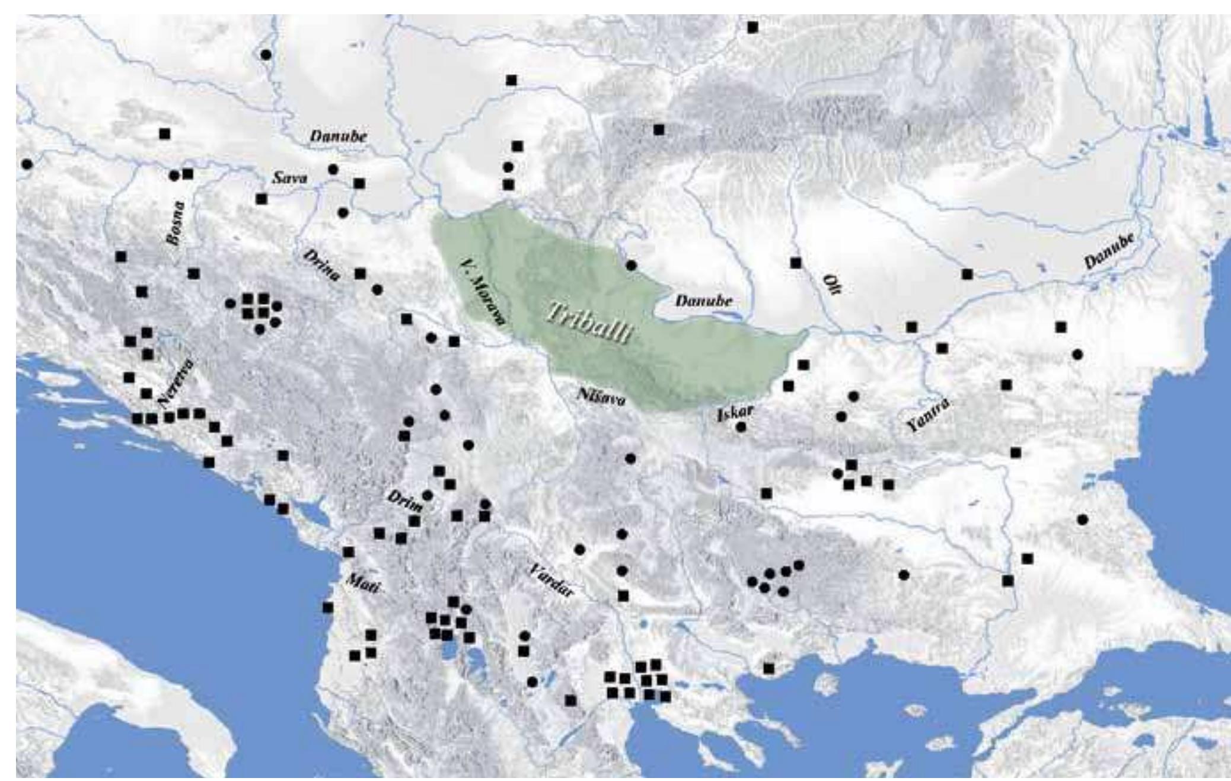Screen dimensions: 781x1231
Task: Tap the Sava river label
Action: [x=289, y=177]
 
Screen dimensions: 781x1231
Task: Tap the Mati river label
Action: [x=361, y=583]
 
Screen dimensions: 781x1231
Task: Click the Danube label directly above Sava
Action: [x=339, y=136]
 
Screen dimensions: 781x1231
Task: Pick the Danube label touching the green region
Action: [x=703, y=301]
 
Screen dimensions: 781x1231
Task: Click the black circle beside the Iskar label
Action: [x=741, y=426]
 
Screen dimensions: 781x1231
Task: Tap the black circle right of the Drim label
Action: [x=428, y=495]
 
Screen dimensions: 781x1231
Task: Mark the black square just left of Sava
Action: [x=261, y=199]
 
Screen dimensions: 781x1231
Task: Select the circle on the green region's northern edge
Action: [x=631, y=265]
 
